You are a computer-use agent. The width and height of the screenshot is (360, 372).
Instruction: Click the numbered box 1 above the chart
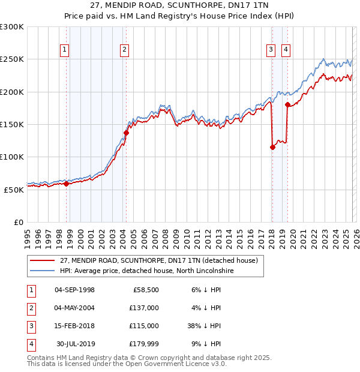tap(64, 50)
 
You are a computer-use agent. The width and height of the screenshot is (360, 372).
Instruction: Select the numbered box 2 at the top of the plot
tap(124, 50)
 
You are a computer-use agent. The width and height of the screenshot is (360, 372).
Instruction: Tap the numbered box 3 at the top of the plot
tap(271, 50)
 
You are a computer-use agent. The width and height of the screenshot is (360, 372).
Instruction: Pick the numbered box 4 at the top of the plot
tap(286, 50)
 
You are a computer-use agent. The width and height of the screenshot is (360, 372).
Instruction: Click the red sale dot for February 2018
tap(272, 147)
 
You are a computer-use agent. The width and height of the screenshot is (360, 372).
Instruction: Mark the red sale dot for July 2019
tap(287, 105)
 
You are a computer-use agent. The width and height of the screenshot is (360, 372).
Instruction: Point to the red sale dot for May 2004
tap(126, 133)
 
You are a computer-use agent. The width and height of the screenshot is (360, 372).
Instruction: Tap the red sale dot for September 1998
tap(66, 184)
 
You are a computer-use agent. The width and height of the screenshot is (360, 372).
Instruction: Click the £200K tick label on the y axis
tap(12, 92)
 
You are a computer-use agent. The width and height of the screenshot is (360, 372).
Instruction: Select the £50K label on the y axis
tap(14, 189)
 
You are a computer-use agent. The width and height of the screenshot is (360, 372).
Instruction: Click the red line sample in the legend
tap(43, 260)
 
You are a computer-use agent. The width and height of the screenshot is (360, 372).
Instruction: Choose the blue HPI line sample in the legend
tap(43, 271)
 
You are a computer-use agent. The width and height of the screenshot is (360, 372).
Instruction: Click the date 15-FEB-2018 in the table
tap(74, 326)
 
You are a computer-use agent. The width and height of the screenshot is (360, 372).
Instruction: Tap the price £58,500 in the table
tap(146, 290)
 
